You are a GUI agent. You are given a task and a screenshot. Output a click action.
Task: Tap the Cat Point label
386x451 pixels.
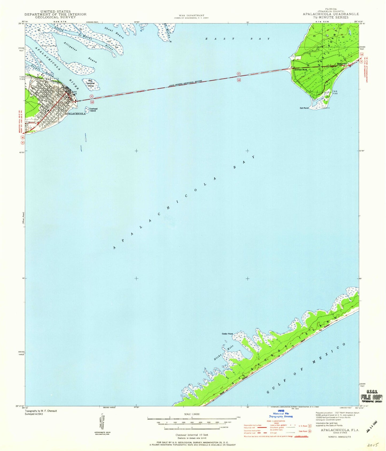point(304,108)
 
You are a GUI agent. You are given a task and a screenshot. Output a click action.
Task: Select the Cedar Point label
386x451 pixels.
point(227,334)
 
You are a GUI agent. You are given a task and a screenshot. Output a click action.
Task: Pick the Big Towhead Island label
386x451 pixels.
point(90,83)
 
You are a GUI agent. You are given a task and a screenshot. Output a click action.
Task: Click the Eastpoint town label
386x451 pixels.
point(342,64)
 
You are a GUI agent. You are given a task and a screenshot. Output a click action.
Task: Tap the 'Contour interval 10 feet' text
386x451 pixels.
point(192,435)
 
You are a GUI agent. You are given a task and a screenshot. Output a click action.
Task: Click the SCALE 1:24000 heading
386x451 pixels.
point(192,414)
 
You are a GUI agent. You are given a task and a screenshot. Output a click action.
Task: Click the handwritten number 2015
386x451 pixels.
point(373,445)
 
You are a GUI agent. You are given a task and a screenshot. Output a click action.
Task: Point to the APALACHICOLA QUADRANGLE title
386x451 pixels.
point(331,14)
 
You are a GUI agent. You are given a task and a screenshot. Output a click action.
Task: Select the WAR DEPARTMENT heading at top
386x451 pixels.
point(192,16)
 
